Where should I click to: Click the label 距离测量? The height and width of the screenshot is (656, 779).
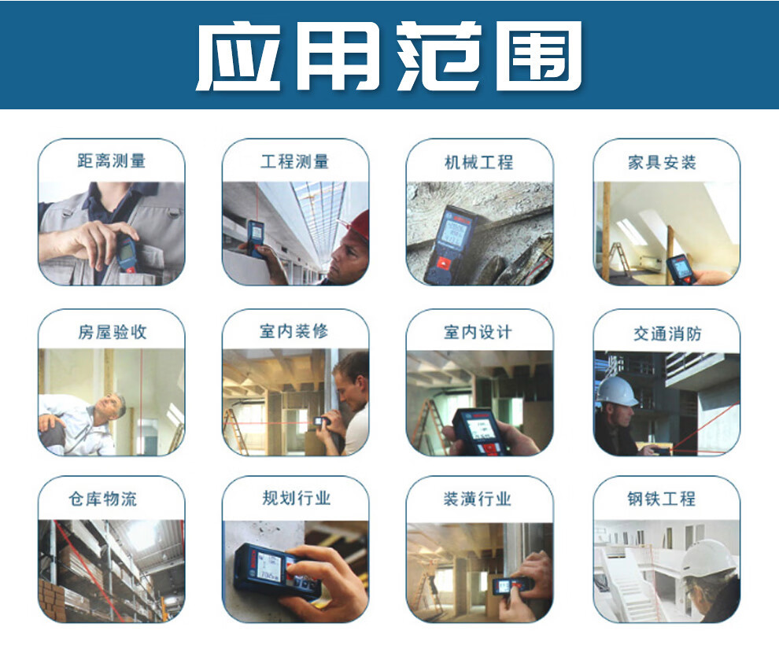111,161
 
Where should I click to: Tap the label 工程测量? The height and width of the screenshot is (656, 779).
295,161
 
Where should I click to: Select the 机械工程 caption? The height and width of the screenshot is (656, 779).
478,162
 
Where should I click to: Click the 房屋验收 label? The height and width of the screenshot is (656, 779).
112,332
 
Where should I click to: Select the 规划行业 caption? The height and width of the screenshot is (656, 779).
296,498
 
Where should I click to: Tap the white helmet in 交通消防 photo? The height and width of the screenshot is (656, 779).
618,391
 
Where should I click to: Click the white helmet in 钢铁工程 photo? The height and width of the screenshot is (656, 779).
709,558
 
